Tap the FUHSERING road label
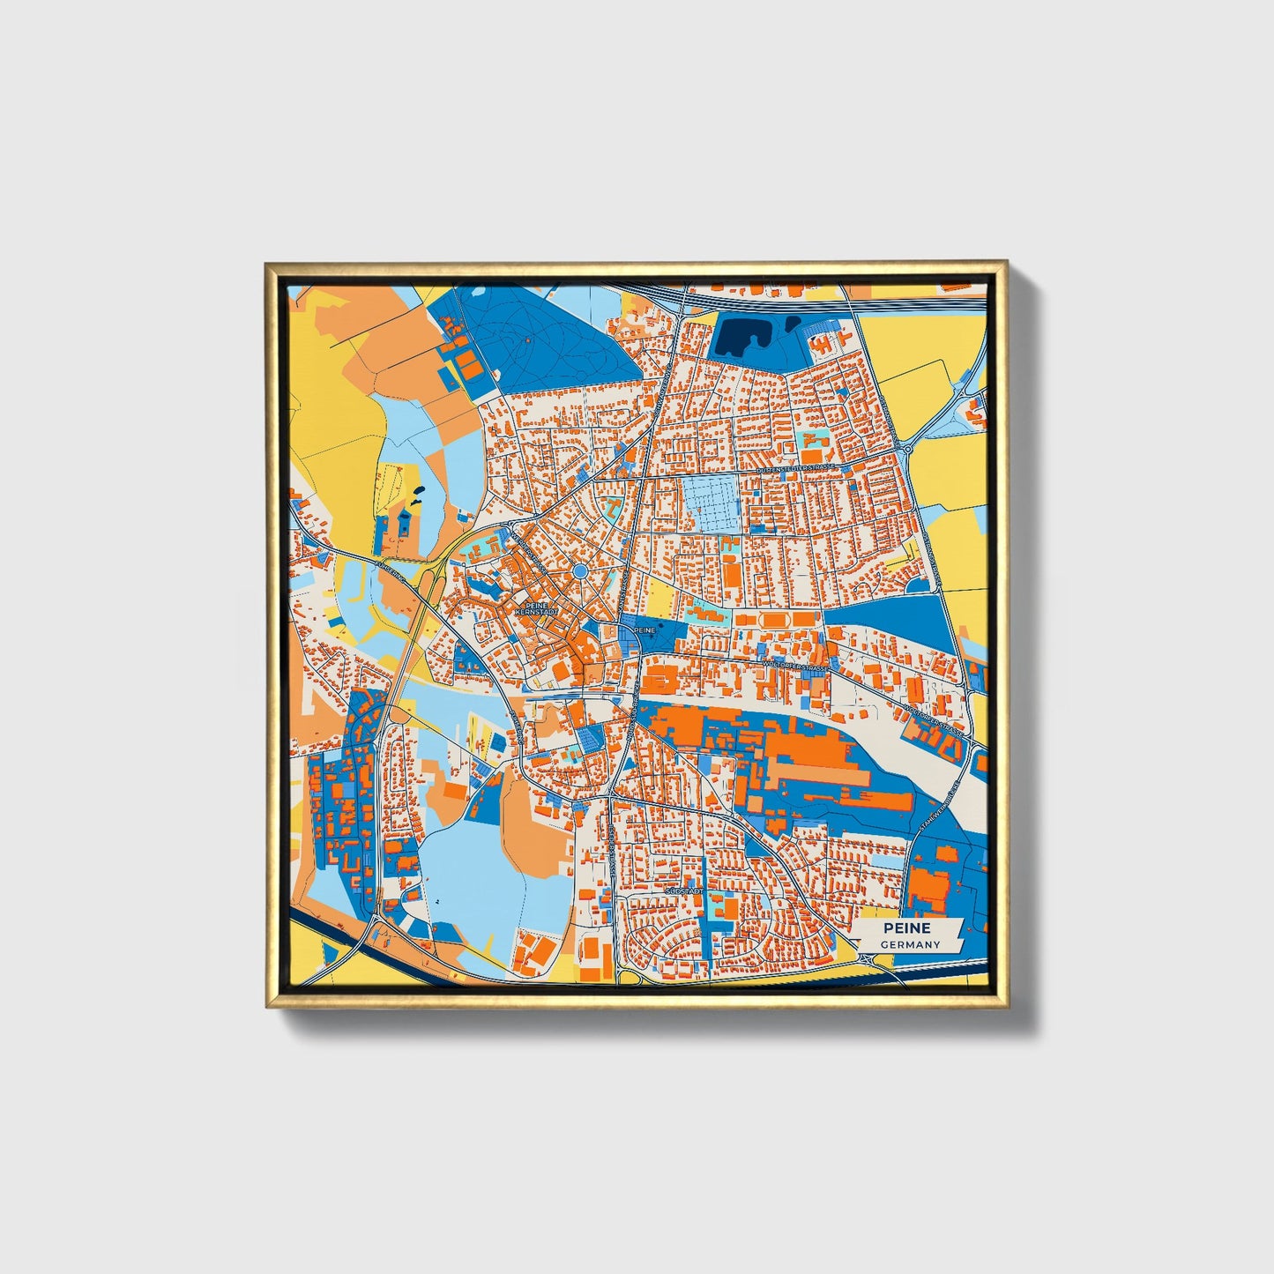(x=391, y=570)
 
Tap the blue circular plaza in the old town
(x=580, y=572)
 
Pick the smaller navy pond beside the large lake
(x=793, y=324)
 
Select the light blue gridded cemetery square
(x=710, y=503)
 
